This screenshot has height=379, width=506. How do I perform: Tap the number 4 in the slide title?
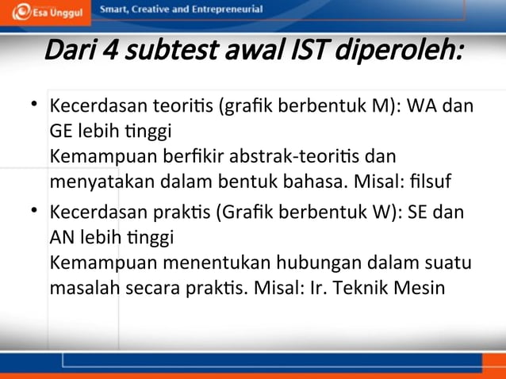pos(111,53)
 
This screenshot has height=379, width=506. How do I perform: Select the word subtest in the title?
pos(163,53)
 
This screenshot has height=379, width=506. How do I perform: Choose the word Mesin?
pos(420,288)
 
